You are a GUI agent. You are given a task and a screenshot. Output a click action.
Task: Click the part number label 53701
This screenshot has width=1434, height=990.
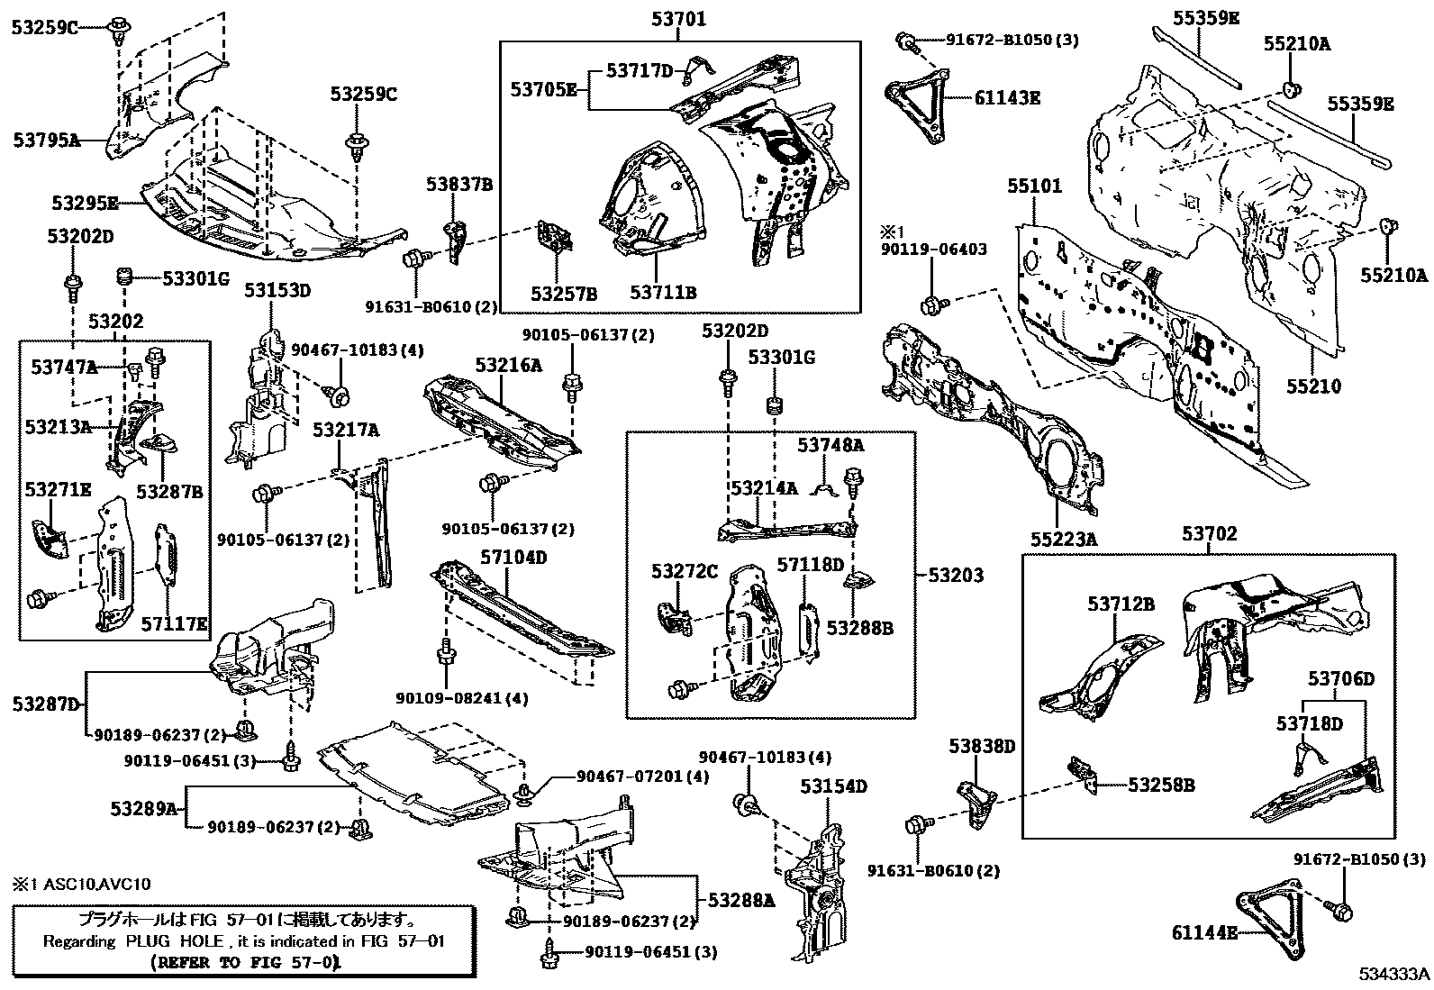pos(679,18)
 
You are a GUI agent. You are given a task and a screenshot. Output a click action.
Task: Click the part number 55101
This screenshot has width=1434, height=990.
pos(1034,186)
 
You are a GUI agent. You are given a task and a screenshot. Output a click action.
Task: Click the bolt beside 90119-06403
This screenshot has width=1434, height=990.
pos(933,304)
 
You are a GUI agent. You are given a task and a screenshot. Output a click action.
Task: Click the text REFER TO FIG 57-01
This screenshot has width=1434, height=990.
pos(246,962)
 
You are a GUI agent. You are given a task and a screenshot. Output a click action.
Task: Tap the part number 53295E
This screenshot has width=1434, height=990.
pos(86,204)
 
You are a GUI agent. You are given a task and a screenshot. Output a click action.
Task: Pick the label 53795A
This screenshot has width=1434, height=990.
pos(47,140)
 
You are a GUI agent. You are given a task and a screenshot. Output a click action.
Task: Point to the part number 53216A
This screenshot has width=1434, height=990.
pos(509,365)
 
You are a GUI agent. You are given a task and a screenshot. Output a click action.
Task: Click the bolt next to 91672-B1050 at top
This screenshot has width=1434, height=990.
pos(907,41)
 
